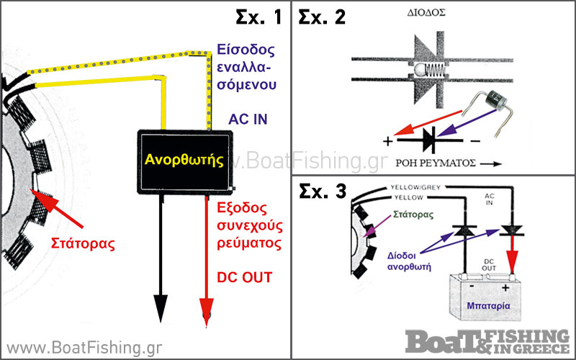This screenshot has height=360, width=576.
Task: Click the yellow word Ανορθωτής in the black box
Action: pyautogui.click(x=184, y=159)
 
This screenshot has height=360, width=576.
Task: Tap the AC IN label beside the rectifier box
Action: pyautogui.click(x=248, y=120)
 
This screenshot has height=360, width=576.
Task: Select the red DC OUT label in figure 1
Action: pyautogui.click(x=245, y=277)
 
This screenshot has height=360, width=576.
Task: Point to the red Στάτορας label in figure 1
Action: pyautogui.click(x=83, y=243)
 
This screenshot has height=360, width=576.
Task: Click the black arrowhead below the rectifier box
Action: pyautogui.click(x=161, y=309)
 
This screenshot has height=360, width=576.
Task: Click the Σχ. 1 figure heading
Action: pyautogui.click(x=258, y=17)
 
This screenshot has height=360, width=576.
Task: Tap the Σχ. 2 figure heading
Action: pyautogui.click(x=322, y=17)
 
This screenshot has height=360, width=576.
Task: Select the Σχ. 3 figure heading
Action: pyautogui.click(x=323, y=191)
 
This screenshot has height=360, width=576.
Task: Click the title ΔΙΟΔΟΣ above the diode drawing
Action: pyautogui.click(x=426, y=13)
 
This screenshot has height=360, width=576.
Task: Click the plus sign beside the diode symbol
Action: pyautogui.click(x=388, y=141)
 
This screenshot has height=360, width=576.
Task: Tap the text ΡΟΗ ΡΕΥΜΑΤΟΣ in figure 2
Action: pyautogui.click(x=436, y=163)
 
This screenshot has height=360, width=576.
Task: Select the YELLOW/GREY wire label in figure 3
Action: pyautogui.click(x=415, y=187)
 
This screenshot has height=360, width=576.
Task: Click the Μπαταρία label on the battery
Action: pyautogui.click(x=489, y=305)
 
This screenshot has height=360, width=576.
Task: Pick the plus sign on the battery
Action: pyautogui.click(x=506, y=287)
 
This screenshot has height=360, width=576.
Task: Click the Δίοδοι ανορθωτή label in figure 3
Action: pyautogui.click(x=409, y=261)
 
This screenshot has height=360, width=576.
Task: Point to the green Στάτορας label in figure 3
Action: pyautogui.click(x=413, y=215)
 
